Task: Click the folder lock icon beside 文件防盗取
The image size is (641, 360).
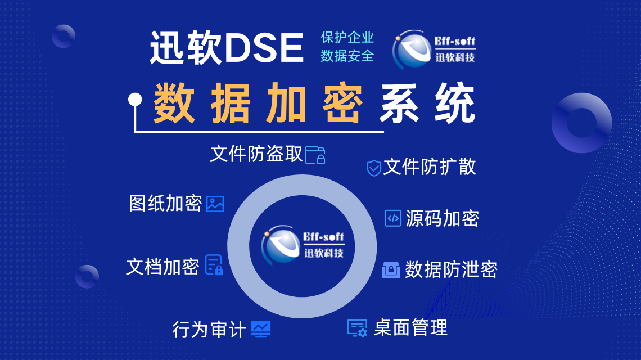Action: click(x=315, y=155)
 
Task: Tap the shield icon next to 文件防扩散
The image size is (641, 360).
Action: click(x=374, y=168)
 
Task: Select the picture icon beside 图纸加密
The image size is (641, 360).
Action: click(x=215, y=204)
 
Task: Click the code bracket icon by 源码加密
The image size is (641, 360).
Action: click(x=393, y=218)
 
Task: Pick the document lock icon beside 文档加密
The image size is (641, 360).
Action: click(x=214, y=265)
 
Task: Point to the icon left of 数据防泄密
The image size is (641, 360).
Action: click(x=391, y=270)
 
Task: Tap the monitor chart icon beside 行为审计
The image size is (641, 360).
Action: click(x=261, y=329)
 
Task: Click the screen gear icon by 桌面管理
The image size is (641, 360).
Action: click(x=357, y=328)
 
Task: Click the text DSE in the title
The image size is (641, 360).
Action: click(x=264, y=48)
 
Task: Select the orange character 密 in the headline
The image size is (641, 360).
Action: click(x=342, y=103)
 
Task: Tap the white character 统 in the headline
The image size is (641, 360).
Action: click(x=455, y=103)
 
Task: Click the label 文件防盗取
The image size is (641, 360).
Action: click(x=256, y=154)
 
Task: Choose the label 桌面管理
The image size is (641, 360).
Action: click(x=411, y=328)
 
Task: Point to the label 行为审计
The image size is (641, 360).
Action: click(x=209, y=330)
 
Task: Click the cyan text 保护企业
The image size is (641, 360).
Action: click(x=347, y=37)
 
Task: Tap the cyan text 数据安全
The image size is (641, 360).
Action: click(x=347, y=56)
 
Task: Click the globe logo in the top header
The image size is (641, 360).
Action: click(x=412, y=49)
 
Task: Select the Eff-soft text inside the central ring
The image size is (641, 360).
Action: click(x=323, y=236)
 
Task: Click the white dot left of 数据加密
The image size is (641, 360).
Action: click(x=135, y=100)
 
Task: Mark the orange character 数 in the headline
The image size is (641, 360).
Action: click(x=174, y=103)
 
